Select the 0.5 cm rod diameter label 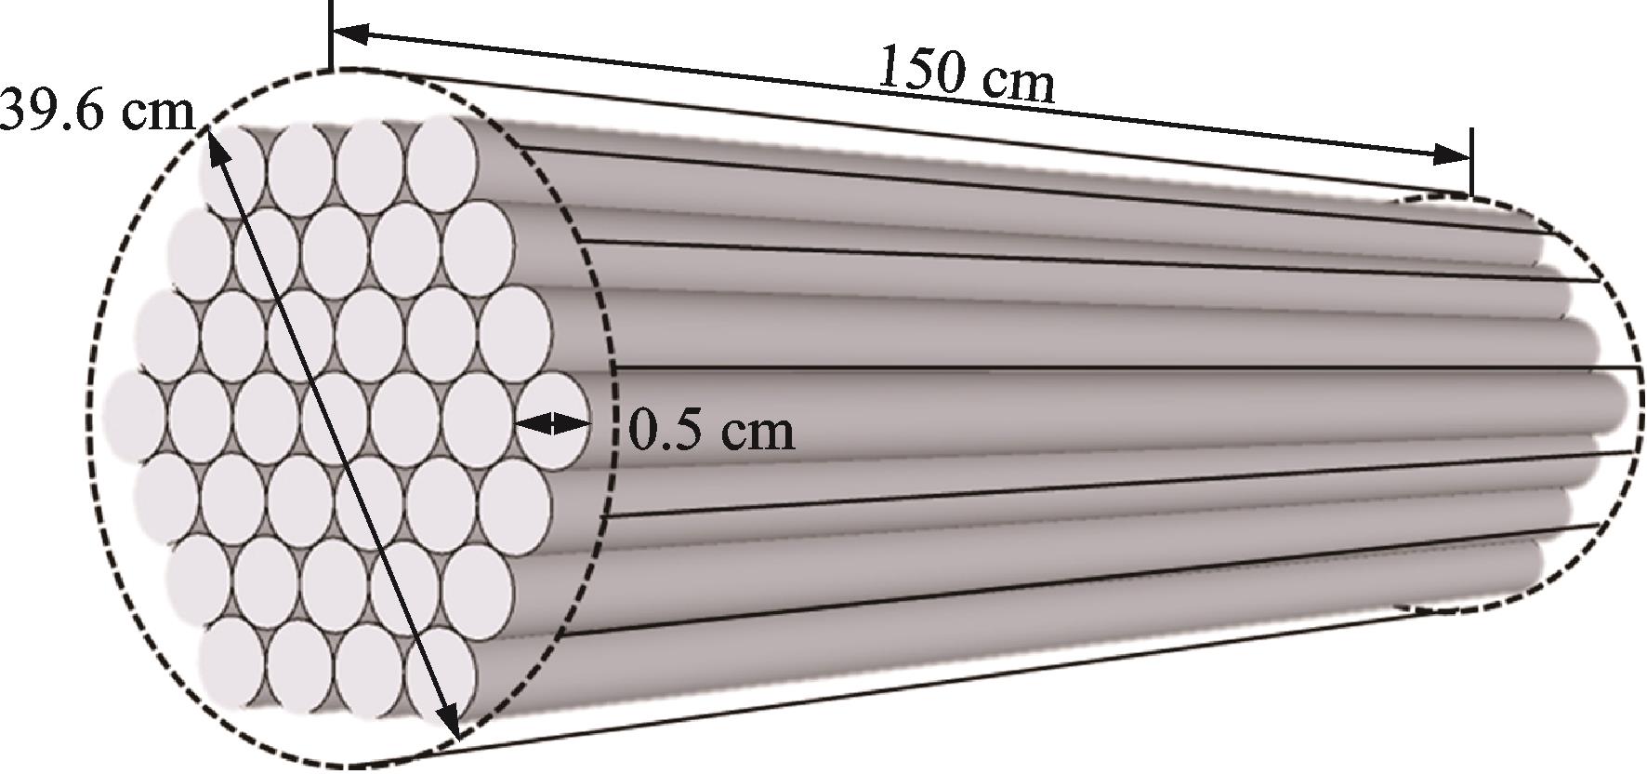tap(712, 431)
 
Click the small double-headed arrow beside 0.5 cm tap(552, 424)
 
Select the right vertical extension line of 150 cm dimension tap(1471, 163)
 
